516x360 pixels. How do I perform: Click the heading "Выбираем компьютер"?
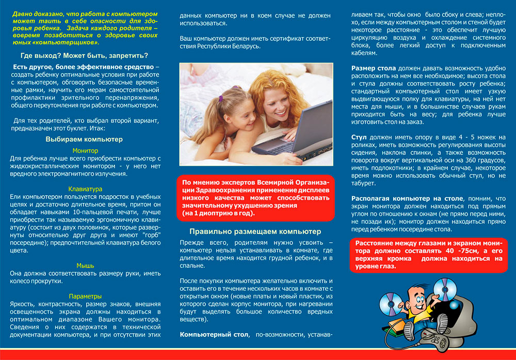click(x=84, y=139)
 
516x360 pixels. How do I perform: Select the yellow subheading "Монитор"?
click(x=85, y=150)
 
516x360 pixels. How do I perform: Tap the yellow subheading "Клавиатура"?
click(x=85, y=189)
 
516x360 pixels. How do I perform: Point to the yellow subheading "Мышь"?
click(x=85, y=265)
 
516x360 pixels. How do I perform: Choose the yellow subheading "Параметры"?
click(x=85, y=296)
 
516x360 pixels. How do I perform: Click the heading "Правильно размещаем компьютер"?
click(x=255, y=231)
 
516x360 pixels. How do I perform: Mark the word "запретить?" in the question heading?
click(x=129, y=56)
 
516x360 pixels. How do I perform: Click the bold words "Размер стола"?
click(x=374, y=68)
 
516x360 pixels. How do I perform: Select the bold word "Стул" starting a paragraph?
click(x=359, y=137)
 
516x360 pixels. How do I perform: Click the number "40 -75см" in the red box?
click(x=443, y=251)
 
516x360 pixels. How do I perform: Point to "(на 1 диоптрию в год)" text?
click(x=219, y=213)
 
